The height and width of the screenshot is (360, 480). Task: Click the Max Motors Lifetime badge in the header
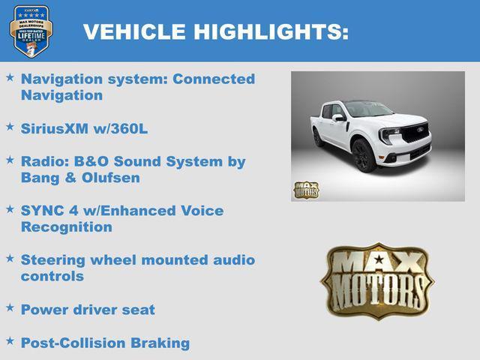[x=31, y=31]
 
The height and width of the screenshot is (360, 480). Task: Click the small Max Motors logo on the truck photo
[x=306, y=190]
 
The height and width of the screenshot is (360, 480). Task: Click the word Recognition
[x=67, y=226]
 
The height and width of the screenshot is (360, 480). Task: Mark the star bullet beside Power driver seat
[x=10, y=307]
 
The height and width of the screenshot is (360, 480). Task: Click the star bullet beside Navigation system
[x=10, y=77]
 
